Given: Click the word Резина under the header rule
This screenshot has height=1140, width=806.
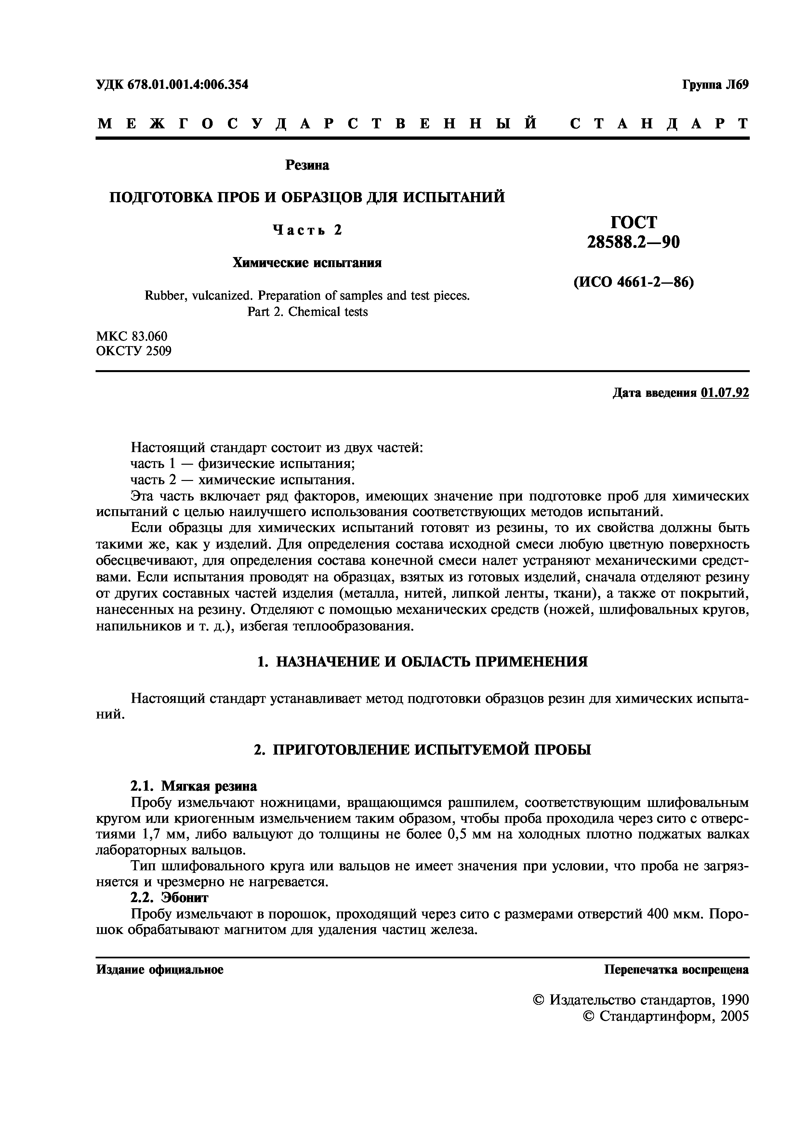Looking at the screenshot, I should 307,165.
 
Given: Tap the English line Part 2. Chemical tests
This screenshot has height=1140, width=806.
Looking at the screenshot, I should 307,312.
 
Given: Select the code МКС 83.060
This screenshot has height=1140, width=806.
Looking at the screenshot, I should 132,336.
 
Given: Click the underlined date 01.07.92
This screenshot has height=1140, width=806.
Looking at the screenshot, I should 725,393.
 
